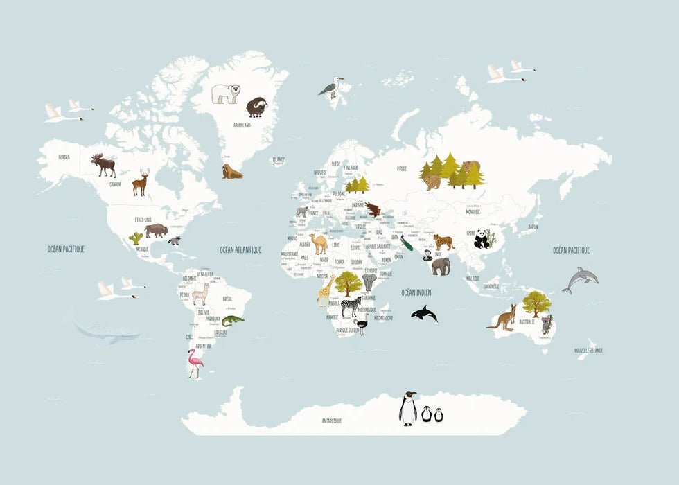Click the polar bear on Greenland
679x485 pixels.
coord(225,93)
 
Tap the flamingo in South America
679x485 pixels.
coord(195,362)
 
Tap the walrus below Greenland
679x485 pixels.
coord(231,171)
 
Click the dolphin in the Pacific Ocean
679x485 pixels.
coord(581,279)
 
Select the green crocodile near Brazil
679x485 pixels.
coord(233,319)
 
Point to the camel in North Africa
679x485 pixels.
coord(318,243)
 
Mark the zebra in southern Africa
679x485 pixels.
coord(351,306)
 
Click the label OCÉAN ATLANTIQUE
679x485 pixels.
coord(240,249)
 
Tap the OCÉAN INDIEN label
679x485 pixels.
coord(416,292)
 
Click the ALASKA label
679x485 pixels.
coord(64,157)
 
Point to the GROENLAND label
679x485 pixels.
coord(242,125)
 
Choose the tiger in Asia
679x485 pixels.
coord(444,242)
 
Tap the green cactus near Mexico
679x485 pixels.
coord(136,238)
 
